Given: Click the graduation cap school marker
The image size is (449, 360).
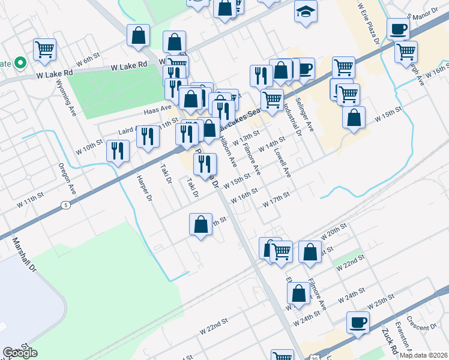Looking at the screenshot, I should tap(306, 11).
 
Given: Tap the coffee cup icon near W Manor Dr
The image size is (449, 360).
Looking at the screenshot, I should tap(398, 28).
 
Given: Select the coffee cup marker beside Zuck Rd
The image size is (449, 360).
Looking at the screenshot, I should tap(358, 322).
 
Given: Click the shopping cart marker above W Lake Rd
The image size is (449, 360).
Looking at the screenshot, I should tap(44, 49).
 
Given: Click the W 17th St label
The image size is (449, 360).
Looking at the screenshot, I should tap(277, 200).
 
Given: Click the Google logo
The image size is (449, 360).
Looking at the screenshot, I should tap(20, 353).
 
